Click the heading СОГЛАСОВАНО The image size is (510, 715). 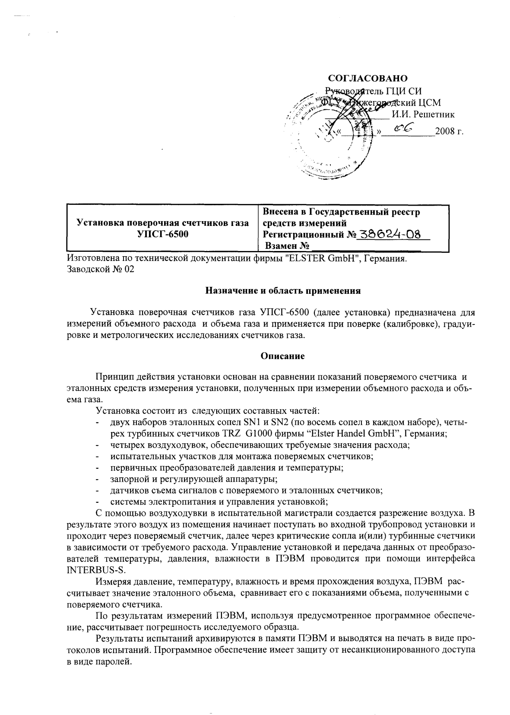click(368, 78)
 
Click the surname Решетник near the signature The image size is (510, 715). click(423, 114)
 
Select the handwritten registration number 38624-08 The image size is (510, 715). click(390, 234)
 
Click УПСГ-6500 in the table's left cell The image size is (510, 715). click(162, 235)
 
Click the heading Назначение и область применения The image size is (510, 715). click(282, 290)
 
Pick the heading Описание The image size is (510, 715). click(283, 356)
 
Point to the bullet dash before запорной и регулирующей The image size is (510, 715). click(98, 479)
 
